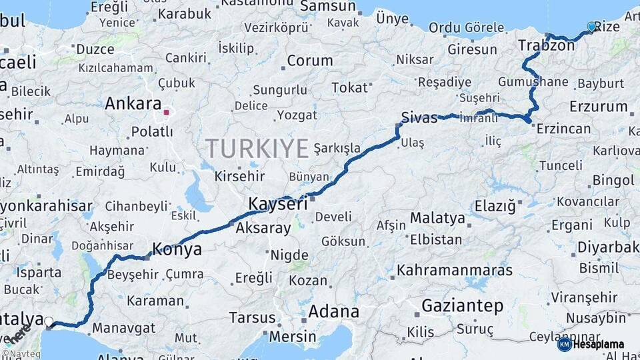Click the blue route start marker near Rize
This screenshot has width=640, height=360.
591,27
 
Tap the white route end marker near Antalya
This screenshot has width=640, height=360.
49,322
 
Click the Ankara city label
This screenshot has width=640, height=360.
133,104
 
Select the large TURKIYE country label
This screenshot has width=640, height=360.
257,147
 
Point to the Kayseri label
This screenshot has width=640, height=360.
278,204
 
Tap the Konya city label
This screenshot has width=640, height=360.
177,250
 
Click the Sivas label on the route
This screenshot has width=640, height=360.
419,119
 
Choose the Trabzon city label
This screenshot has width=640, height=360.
546,46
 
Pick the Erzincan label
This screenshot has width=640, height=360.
563,129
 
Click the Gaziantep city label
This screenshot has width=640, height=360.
462,306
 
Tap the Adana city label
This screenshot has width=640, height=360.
333,311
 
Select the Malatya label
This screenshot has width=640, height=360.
437,218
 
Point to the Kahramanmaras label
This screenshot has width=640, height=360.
455,270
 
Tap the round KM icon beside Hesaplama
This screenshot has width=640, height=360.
565,344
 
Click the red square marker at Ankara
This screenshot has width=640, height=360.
166,112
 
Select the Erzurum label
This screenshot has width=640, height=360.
599,106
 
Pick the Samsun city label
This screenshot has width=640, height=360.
328,6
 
